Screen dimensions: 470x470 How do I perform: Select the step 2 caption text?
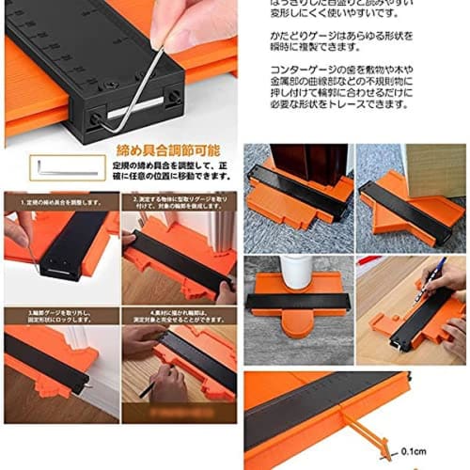pos(181,202)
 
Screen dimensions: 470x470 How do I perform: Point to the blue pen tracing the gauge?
pos(431,282)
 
